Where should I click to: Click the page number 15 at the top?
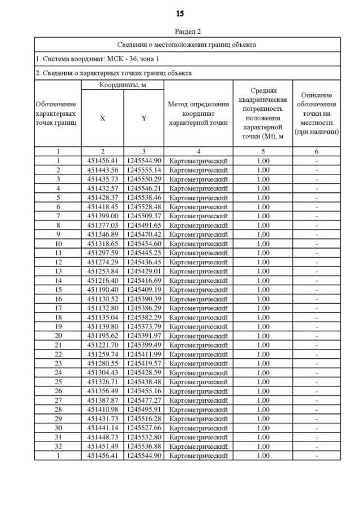point(180,13)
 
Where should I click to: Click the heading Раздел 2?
point(187,31)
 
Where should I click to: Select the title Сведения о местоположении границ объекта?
point(187,44)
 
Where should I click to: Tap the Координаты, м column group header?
point(122,84)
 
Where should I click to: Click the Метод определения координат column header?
point(198,114)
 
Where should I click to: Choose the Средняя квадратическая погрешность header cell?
point(262,114)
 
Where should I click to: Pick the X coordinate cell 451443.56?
point(102,169)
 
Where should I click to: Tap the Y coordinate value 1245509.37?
point(143,215)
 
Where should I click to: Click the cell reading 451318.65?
point(102,243)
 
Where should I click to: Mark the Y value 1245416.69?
point(143,280)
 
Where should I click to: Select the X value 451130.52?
point(102,298)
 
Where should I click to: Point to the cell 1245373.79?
point(143,326)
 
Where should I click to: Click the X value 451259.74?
point(102,353)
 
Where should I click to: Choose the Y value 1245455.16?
point(143,390)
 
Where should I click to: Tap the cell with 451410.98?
point(102,409)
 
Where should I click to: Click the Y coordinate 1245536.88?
point(143,445)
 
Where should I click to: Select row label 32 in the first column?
point(57,445)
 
